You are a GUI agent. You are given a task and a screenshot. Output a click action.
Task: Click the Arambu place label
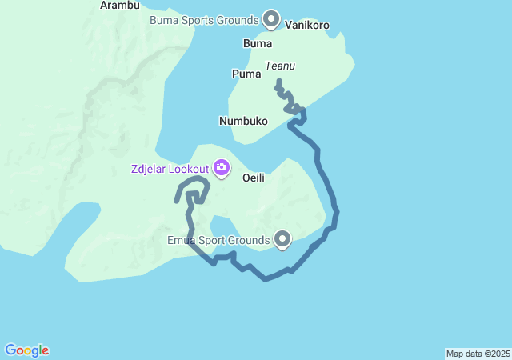coord(120,5)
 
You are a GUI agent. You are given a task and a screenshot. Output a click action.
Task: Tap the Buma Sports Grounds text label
coord(204,19)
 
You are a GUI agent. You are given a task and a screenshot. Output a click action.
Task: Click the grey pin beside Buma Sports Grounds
coord(271,18)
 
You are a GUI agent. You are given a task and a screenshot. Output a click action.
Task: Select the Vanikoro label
coord(307,26)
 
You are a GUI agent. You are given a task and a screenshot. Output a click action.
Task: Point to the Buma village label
coord(257,43)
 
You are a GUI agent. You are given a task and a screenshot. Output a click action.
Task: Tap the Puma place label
coord(246,74)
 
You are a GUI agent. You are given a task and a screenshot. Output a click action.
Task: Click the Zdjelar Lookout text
coord(170,169)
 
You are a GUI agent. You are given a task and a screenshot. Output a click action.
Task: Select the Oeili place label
coord(254,178)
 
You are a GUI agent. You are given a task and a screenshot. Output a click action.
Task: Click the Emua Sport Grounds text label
coord(218,239)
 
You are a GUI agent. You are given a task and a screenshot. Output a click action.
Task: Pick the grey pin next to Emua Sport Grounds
coord(282,238)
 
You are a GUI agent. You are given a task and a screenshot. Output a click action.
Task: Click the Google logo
coord(26,350)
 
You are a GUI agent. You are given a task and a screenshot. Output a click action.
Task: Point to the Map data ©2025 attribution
coord(478,354)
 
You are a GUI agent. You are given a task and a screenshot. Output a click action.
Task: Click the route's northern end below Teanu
coord(278,82)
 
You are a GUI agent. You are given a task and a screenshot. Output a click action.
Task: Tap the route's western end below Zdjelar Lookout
coord(177,201)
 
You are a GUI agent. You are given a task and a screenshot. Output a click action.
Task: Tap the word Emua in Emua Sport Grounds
coord(182,239)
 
